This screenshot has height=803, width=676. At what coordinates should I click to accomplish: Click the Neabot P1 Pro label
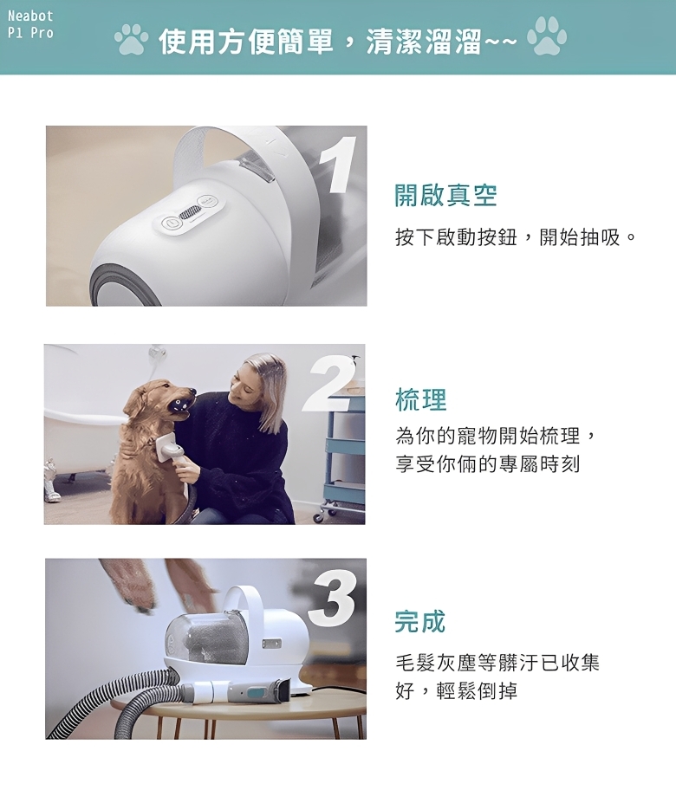click(30, 24)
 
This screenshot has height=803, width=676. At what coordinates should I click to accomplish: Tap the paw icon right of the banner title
click(547, 36)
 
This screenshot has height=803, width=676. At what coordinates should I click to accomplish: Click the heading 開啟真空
click(445, 195)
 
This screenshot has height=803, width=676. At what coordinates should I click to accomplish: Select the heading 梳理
click(421, 399)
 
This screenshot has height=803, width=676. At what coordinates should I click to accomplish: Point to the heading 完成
click(420, 622)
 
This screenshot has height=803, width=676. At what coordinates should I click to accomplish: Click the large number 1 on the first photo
click(337, 165)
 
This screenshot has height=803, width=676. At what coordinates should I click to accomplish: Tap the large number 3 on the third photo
click(332, 599)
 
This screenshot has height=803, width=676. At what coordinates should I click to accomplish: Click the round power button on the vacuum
click(170, 223)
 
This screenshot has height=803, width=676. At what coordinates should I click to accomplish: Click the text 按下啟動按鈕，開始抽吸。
click(516, 237)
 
